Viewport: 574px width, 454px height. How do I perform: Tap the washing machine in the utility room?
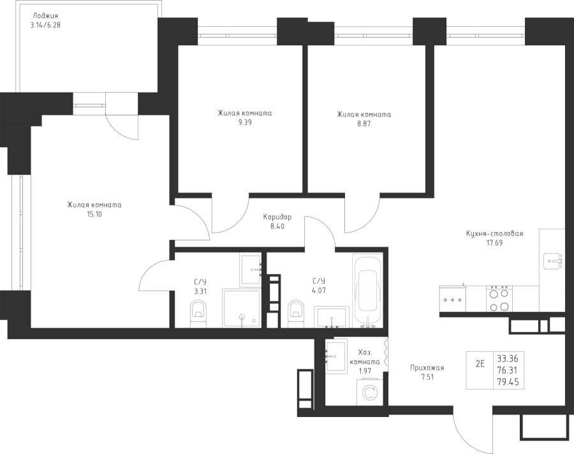pos(369,390)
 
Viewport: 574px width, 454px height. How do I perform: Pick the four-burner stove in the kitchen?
pos(497,299)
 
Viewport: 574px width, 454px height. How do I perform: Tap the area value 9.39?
pos(245,124)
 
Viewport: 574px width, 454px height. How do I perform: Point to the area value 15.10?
pos(94,215)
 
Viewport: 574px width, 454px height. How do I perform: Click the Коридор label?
pos(277,217)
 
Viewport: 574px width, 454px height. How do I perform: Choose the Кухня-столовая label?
pos(494,234)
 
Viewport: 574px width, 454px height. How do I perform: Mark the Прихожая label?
pos(427,368)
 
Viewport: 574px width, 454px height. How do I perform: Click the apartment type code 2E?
pos(480,364)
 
